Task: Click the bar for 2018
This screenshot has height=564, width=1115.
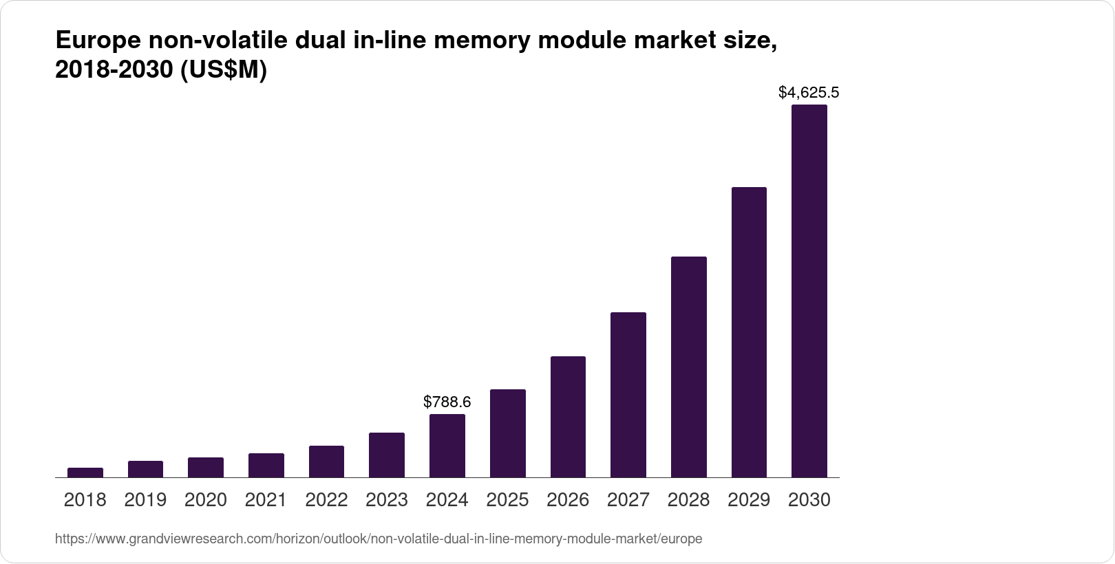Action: tap(85, 473)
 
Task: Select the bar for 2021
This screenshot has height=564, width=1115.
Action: tap(266, 466)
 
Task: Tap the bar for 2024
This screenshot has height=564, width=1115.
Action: tap(447, 446)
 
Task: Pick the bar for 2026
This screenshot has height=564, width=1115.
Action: tap(568, 417)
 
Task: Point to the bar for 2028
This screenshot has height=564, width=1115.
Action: tap(688, 367)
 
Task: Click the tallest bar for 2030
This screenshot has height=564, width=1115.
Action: tap(809, 291)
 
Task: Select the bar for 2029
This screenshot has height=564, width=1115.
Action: tap(749, 332)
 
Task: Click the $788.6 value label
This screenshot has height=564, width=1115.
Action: tap(447, 402)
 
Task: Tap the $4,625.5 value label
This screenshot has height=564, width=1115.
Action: tap(809, 92)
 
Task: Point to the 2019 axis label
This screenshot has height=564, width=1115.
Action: tap(145, 500)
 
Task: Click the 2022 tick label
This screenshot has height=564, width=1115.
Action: tap(326, 500)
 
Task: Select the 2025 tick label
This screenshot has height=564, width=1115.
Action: tap(507, 500)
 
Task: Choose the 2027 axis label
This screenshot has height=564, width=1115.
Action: tap(628, 500)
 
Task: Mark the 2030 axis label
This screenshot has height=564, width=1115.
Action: tap(809, 500)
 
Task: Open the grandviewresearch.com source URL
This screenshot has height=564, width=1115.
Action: tap(379, 539)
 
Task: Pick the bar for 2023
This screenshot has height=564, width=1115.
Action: tap(387, 455)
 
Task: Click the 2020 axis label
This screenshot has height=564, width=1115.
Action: tap(206, 500)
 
